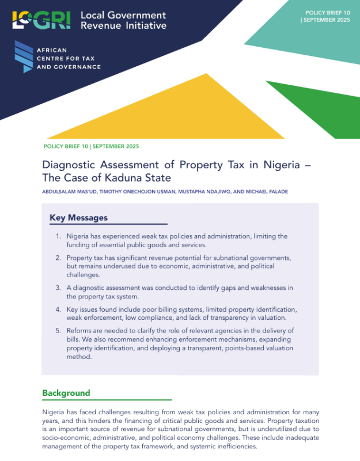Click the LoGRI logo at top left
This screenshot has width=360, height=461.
tap(41, 20)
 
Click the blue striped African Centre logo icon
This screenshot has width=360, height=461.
tap(23, 57)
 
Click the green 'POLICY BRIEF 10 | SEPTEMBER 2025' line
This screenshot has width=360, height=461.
tap(91, 146)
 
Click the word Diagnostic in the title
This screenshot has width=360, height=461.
tap(70, 165)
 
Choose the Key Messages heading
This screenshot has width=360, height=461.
tap(78, 218)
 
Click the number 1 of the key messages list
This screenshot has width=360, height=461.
tap(59, 237)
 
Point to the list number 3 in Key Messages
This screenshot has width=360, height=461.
tap(59, 287)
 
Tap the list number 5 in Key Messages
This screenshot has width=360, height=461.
tap(59, 330)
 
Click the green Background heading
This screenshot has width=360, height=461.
tap(66, 393)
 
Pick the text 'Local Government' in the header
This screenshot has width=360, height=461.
tap(123, 15)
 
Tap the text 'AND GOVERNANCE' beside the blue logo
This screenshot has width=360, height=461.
tap(68, 67)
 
